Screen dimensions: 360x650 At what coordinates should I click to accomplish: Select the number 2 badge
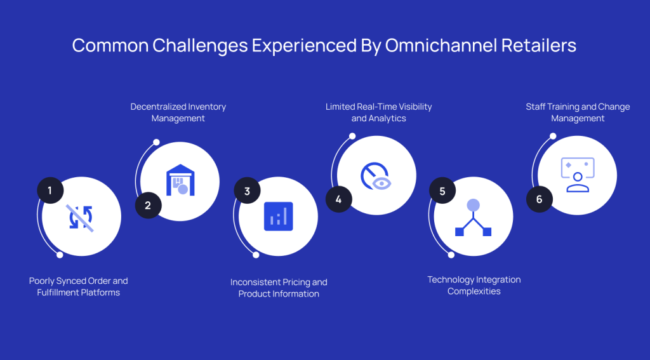(148, 205)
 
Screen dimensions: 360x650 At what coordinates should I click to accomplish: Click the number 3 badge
(247, 190)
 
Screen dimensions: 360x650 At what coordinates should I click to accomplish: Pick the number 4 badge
(339, 199)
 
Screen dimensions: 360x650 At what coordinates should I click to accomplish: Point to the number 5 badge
(442, 190)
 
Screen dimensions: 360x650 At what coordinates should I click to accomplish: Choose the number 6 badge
(540, 199)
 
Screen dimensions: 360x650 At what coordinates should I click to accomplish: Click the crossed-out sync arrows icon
(81, 217)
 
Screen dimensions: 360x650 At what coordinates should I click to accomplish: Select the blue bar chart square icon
(278, 217)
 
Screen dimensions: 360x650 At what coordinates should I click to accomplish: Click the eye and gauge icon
(376, 176)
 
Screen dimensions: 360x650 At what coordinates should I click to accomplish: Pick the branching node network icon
(473, 217)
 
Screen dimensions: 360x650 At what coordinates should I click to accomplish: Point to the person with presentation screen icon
(577, 175)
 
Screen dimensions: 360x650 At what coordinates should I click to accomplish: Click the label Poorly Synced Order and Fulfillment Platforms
(79, 286)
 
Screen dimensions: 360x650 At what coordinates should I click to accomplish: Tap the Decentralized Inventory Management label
(178, 112)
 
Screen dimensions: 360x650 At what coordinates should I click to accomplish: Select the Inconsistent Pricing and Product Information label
(279, 288)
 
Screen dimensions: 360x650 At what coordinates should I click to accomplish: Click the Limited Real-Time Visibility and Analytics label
(378, 112)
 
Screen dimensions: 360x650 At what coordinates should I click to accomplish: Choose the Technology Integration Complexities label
(474, 285)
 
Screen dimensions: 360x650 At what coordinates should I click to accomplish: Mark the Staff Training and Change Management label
(578, 112)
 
